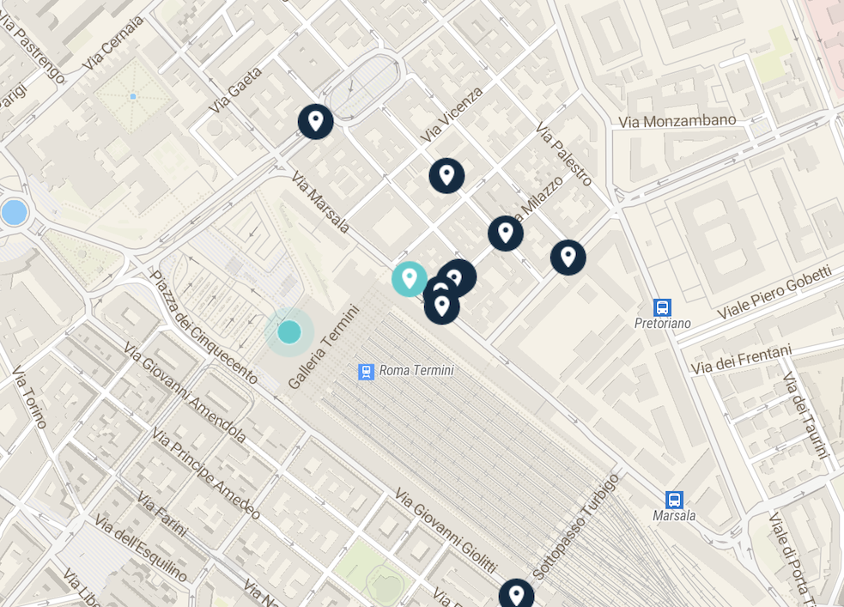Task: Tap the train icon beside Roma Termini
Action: [x=367, y=372]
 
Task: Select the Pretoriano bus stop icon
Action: [x=662, y=307]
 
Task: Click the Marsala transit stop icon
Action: [x=674, y=500]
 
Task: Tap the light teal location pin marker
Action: [x=410, y=278]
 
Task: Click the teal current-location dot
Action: [x=289, y=331]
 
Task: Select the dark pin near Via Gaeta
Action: [x=316, y=121]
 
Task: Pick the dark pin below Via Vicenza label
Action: [x=446, y=176]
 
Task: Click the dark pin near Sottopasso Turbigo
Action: [x=516, y=595]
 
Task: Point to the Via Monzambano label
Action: [x=677, y=121]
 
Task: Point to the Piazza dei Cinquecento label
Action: [x=203, y=326]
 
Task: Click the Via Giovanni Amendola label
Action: [x=185, y=393]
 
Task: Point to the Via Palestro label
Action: [x=564, y=155]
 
